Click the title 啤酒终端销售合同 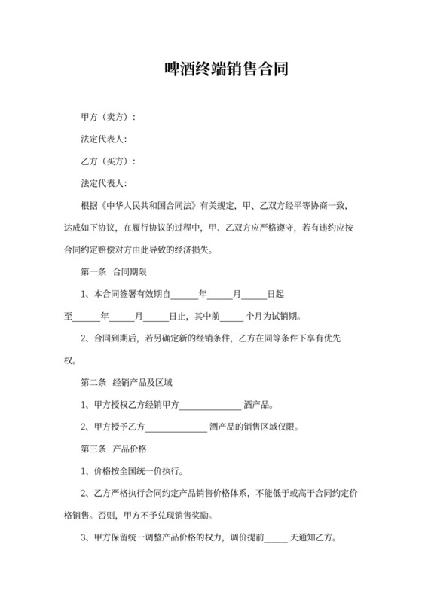[x=226, y=71]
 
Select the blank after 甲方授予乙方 [x=175, y=427]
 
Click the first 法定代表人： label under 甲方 [x=104, y=139]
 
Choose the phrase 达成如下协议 [x=89, y=227]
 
